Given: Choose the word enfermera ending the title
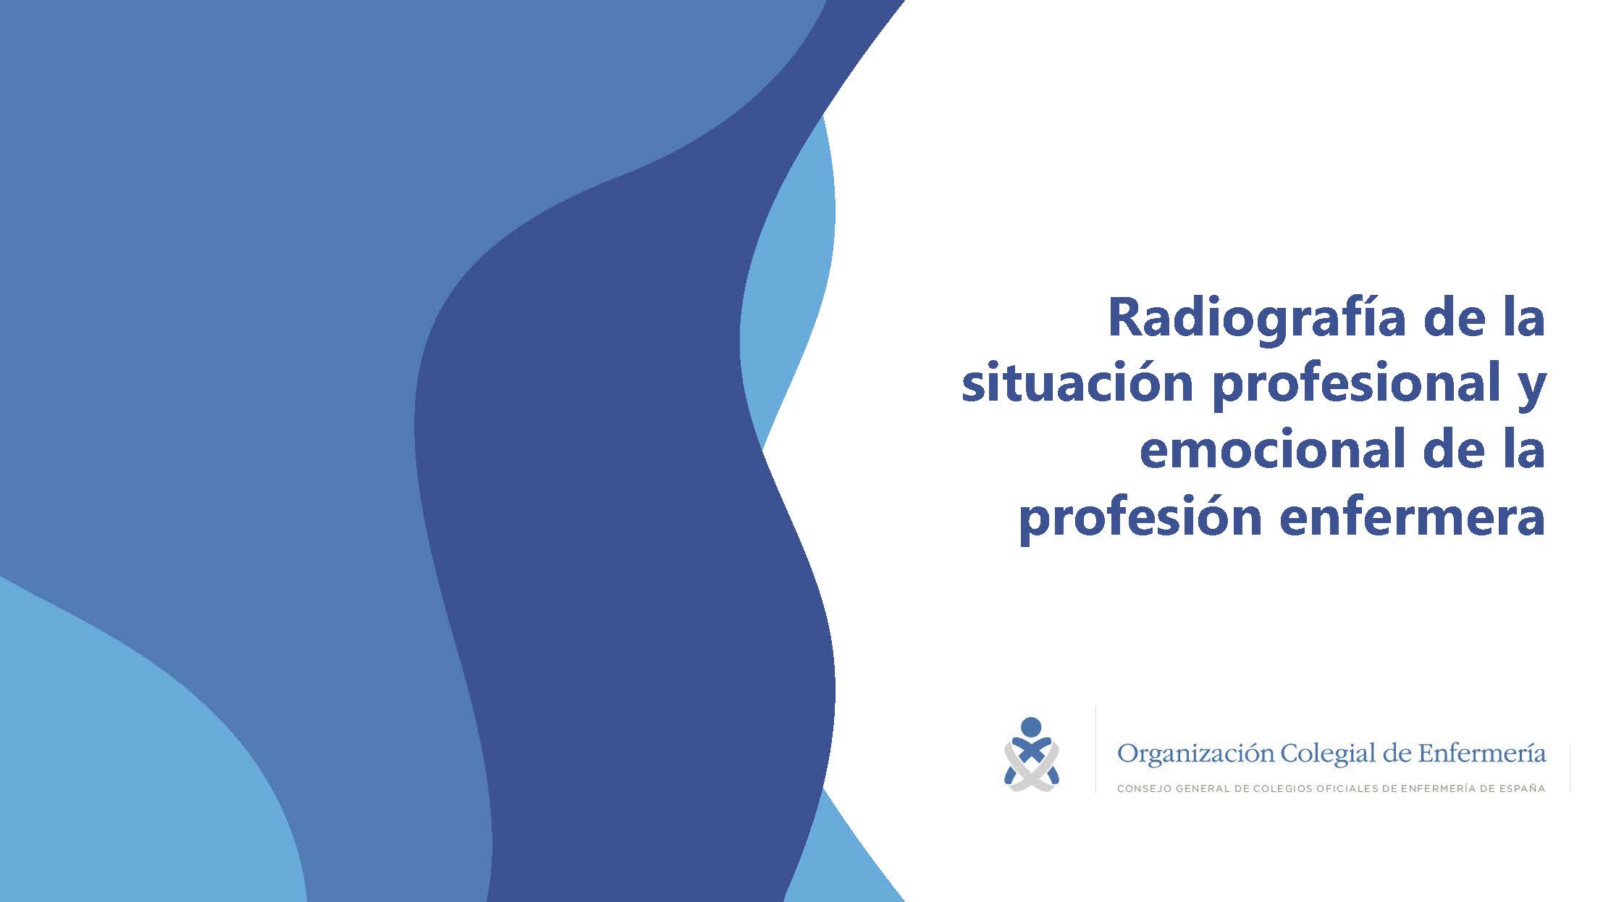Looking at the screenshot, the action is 1413,516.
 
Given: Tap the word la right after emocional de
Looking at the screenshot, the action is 1523,448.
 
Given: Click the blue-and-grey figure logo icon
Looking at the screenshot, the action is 1031,754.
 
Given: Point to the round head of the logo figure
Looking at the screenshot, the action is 1030,727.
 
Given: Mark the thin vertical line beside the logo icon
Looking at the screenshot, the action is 1095,750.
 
